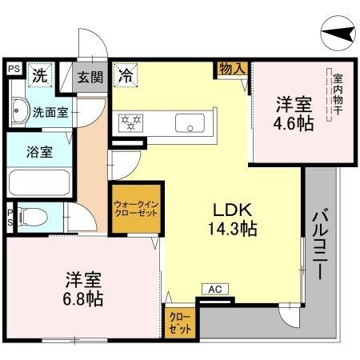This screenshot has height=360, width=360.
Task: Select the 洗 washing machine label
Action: [40, 77]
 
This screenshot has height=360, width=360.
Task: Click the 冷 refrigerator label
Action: [126, 76]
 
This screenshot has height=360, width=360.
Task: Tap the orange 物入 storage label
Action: [231, 70]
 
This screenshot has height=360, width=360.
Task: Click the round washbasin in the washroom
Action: [20, 111]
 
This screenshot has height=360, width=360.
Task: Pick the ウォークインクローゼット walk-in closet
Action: [134, 210]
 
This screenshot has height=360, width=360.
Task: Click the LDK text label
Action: [229, 210]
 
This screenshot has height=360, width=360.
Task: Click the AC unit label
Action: [215, 288]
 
